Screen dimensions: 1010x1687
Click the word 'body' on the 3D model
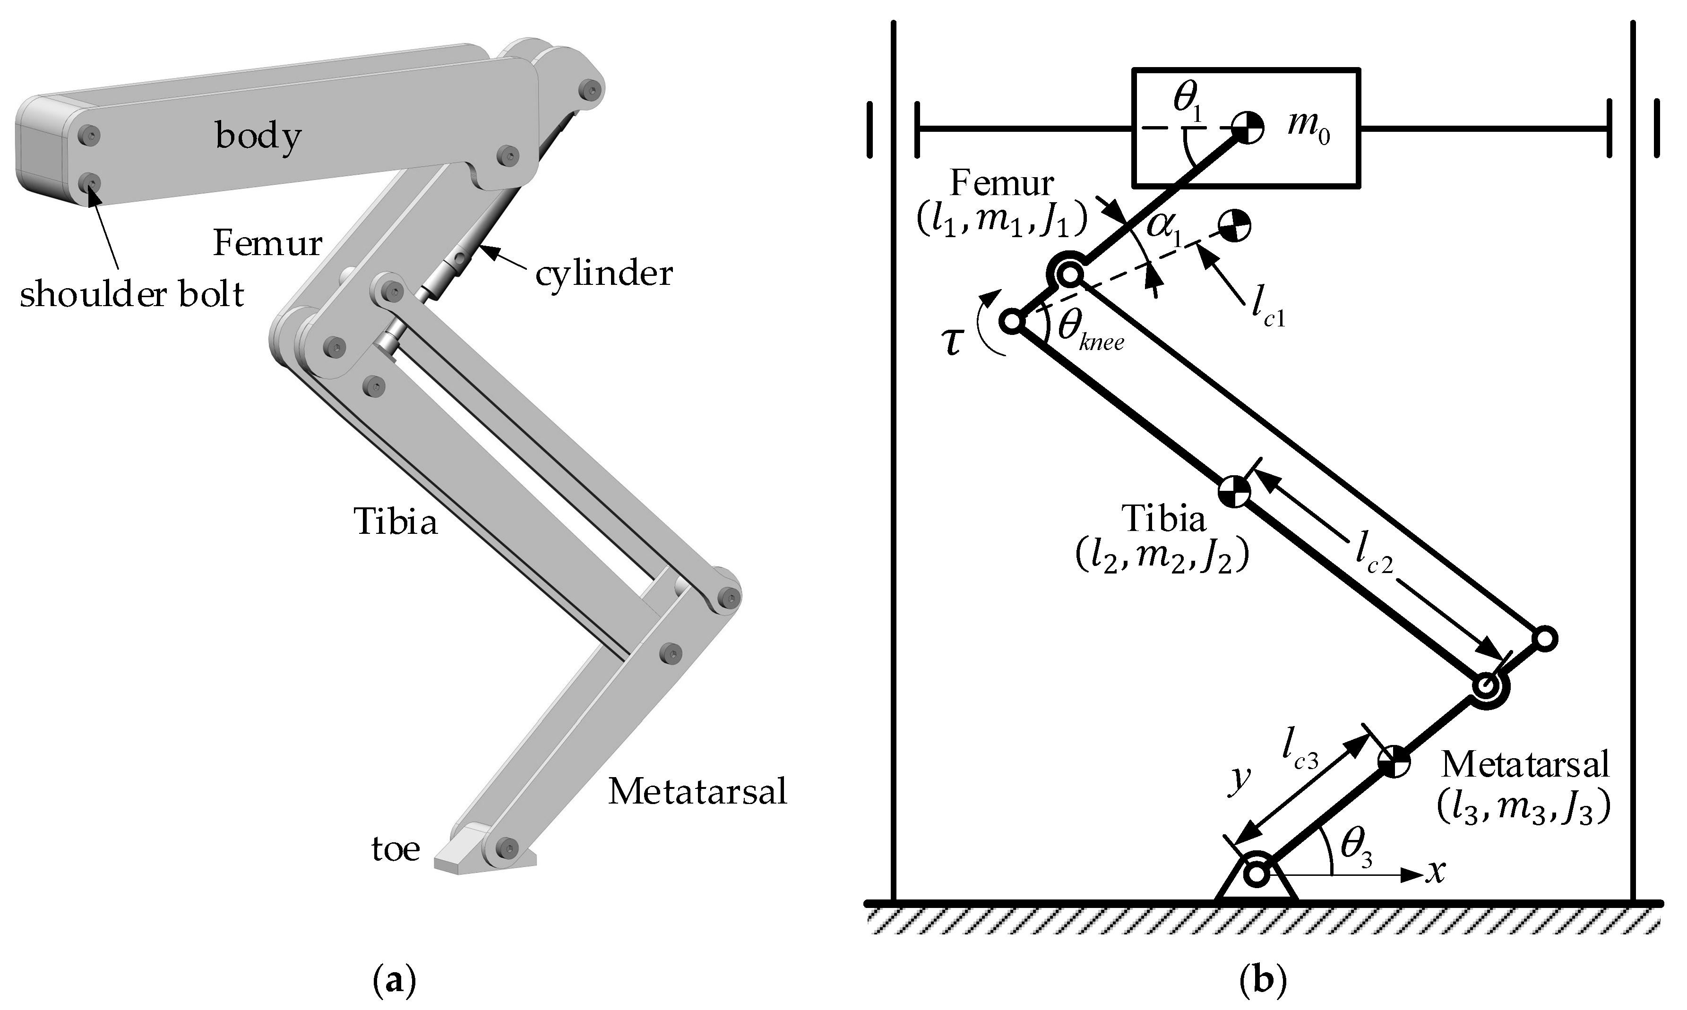coord(258,136)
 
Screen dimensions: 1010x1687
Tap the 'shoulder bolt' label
coord(131,295)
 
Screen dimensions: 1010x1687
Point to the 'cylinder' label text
coord(604,274)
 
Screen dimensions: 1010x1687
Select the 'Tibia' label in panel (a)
coord(395,522)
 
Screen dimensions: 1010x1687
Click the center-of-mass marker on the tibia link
coord(1234,491)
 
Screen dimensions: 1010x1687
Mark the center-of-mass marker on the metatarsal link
coord(1394,763)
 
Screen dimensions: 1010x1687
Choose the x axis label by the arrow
coord(1436,872)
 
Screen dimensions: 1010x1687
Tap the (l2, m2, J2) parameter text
coord(1162,558)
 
